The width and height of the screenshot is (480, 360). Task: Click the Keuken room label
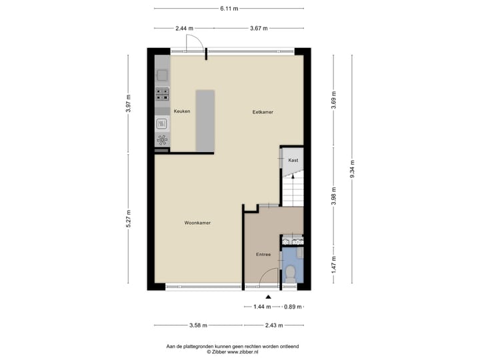pyautogui.click(x=182, y=111)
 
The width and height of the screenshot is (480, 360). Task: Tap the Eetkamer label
pyautogui.click(x=263, y=112)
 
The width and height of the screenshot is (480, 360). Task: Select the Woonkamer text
pyautogui.click(x=197, y=223)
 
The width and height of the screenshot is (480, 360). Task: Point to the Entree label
pyautogui.click(x=263, y=255)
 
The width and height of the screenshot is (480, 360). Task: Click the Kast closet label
pyautogui.click(x=293, y=160)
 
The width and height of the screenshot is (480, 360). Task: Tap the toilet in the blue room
pyautogui.click(x=291, y=272)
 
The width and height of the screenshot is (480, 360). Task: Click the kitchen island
pyautogui.click(x=205, y=121)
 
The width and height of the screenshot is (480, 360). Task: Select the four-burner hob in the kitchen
pyautogui.click(x=162, y=94)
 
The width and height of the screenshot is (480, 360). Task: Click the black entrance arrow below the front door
pyautogui.click(x=268, y=297)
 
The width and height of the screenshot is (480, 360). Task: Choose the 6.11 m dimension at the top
pyautogui.click(x=229, y=9)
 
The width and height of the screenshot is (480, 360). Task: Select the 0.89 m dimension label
pyautogui.click(x=294, y=307)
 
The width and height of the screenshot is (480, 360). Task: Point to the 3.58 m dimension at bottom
pyautogui.click(x=198, y=325)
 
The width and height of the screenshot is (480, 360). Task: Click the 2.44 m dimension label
pyautogui.click(x=184, y=29)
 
